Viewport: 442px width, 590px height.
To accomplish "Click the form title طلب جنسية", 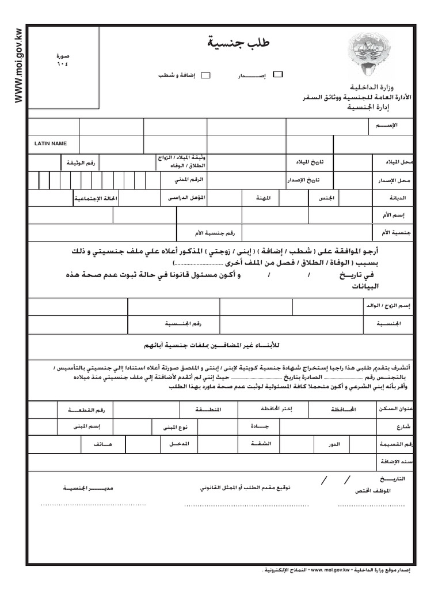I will (x=238, y=44).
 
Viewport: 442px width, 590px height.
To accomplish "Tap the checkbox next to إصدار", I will (x=277, y=74).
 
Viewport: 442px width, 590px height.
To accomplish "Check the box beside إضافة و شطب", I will (x=206, y=75).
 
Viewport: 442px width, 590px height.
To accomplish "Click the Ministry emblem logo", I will (x=368, y=56).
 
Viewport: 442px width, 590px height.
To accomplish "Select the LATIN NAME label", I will (x=51, y=143).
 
